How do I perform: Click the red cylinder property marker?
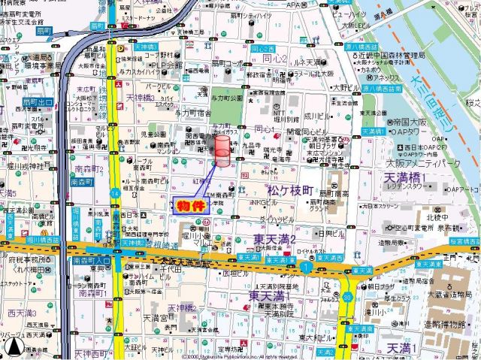click(x=223, y=151)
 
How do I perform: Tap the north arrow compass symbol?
click(x=14, y=346)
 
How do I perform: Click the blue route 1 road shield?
click(x=306, y=265)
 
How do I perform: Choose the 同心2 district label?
click(x=274, y=59)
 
